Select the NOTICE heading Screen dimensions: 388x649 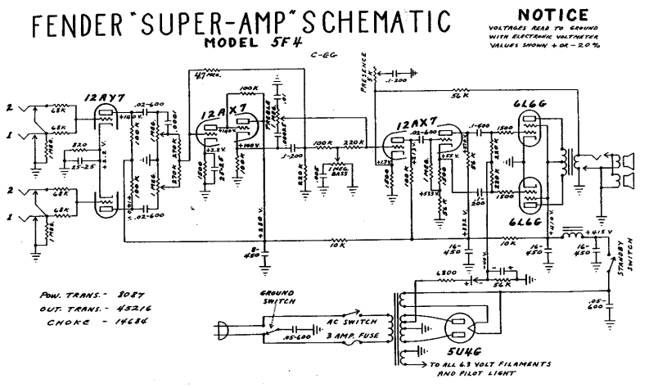coord(553,15)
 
